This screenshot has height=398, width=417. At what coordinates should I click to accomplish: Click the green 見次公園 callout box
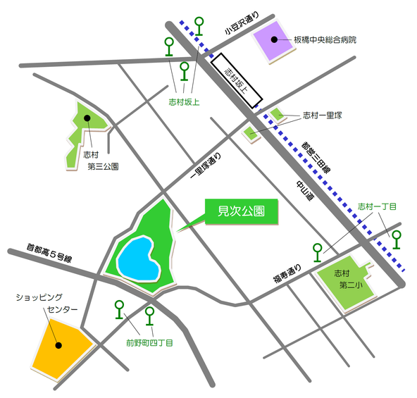click(x=239, y=211)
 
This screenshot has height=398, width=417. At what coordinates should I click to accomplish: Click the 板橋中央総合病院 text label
click(x=325, y=40)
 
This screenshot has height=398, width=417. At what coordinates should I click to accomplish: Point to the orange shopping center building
click(x=61, y=344)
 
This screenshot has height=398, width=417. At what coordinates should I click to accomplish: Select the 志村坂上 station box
click(x=237, y=80)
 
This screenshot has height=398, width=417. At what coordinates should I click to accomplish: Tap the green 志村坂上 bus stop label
click(x=184, y=102)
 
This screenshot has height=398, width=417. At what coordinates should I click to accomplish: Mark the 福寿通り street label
click(x=287, y=272)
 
